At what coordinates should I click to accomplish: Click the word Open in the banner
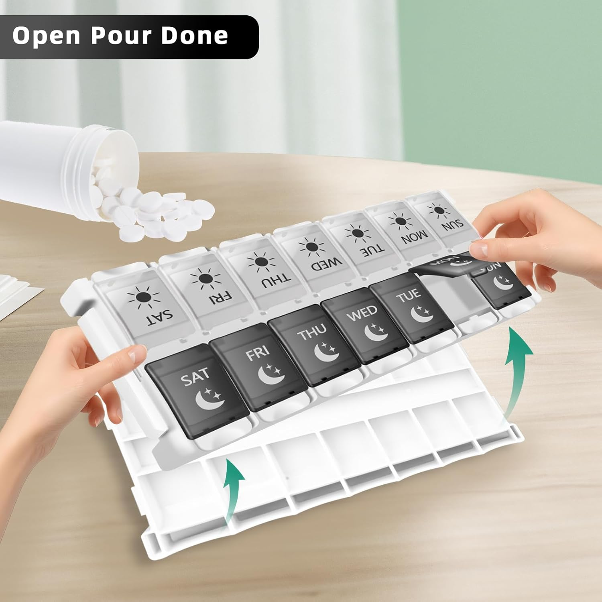pyautogui.click(x=47, y=37)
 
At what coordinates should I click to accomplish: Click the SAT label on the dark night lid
pyautogui.click(x=195, y=376)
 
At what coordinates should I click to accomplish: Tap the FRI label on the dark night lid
pyautogui.click(x=257, y=353)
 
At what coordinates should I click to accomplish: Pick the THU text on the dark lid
pyautogui.click(x=311, y=332)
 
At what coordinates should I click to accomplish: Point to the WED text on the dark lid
pyautogui.click(x=362, y=313)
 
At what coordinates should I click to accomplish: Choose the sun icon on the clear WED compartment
pyautogui.click(x=312, y=246)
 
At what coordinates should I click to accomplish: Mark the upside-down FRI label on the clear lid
pyautogui.click(x=219, y=297)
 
